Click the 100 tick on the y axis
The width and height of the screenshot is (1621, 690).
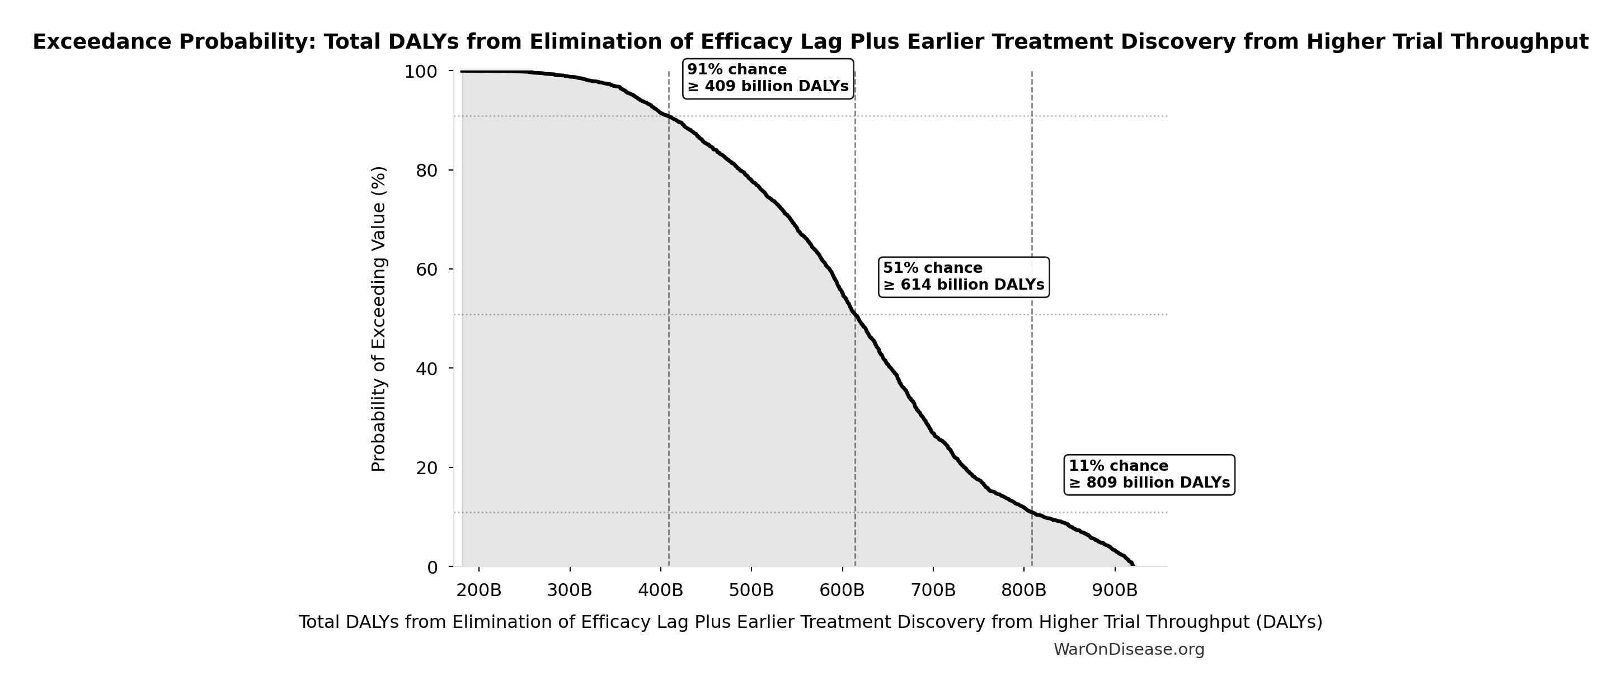(429, 72)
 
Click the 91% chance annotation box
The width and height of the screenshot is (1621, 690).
(768, 79)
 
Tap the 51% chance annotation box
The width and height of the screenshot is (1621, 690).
(964, 277)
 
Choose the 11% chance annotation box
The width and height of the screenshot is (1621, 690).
(1149, 475)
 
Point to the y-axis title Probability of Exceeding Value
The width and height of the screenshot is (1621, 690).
(378, 319)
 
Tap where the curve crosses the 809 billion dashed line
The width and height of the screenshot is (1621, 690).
(1032, 512)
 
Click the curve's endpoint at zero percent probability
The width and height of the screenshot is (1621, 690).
(1133, 565)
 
